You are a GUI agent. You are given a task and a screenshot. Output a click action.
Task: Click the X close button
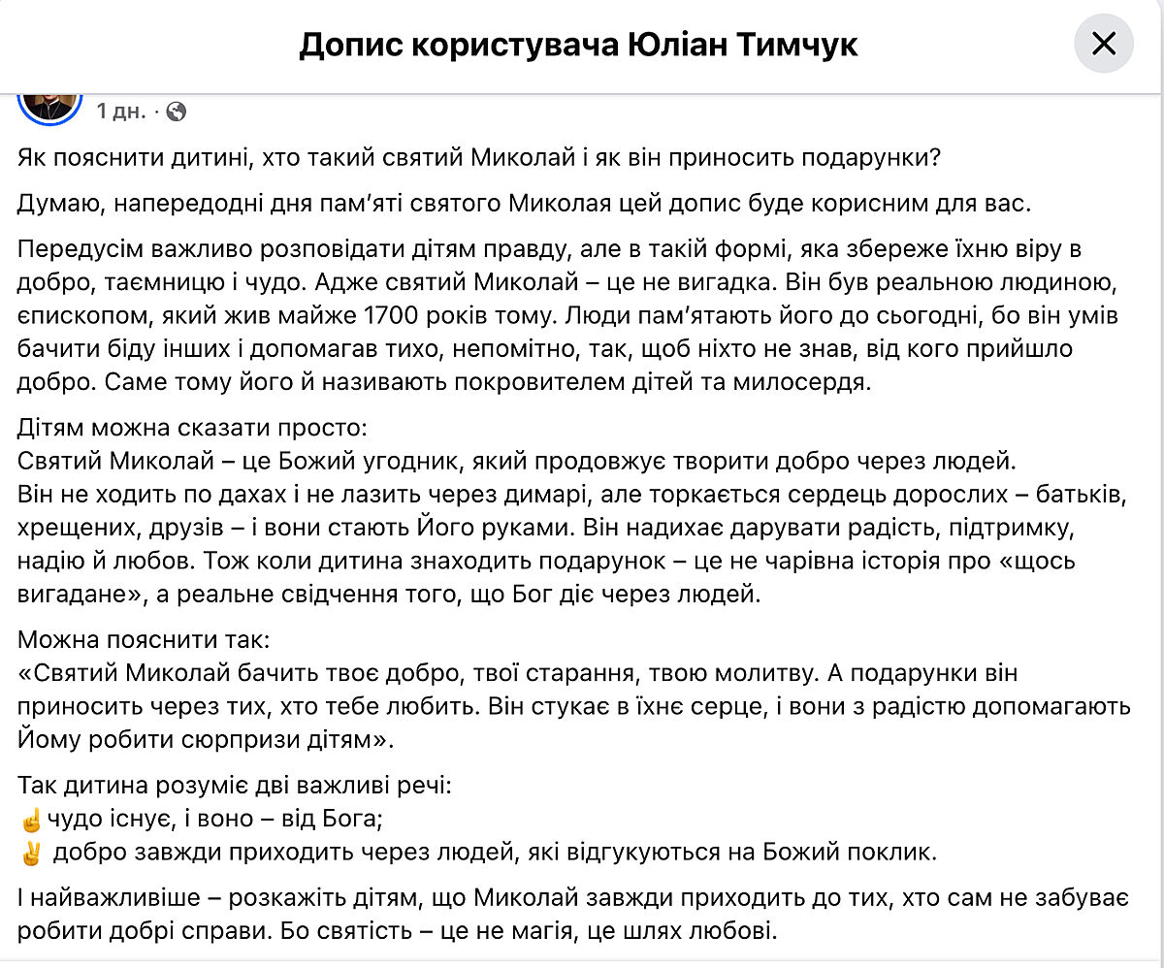(1104, 45)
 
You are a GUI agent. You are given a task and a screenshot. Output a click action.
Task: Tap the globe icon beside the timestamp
(176, 112)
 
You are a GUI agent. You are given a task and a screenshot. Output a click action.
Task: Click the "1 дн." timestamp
(121, 112)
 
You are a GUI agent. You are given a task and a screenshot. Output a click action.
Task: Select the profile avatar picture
(50, 103)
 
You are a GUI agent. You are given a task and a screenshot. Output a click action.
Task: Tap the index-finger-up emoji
(31, 821)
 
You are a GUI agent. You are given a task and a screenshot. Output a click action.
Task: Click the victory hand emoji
(31, 855)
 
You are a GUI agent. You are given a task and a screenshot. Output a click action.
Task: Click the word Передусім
(77, 248)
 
